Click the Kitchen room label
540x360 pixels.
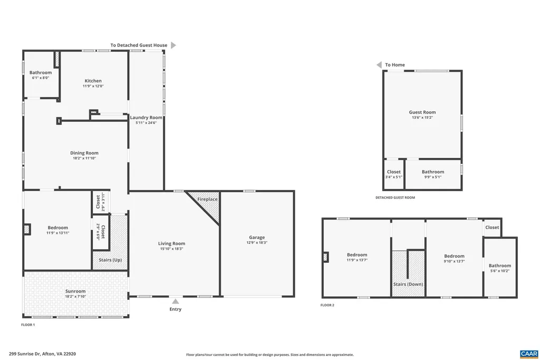tap(93, 81)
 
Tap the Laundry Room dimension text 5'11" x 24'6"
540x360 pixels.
tap(146, 122)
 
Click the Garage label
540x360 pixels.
tap(257, 238)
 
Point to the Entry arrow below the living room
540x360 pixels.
tap(175, 301)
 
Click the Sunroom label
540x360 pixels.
tap(75, 291)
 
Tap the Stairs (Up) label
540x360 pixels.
tap(110, 260)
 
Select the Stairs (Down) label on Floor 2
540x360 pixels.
tap(408, 284)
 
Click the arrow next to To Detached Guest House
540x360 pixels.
tap(173, 45)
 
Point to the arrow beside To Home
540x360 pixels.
tap(379, 65)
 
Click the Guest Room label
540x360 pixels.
tap(422, 112)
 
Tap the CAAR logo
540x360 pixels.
tap(528, 353)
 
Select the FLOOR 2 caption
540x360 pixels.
tap(327, 305)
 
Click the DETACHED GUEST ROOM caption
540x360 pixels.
tap(395, 197)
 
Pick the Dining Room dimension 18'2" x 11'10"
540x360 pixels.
tap(84, 158)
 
